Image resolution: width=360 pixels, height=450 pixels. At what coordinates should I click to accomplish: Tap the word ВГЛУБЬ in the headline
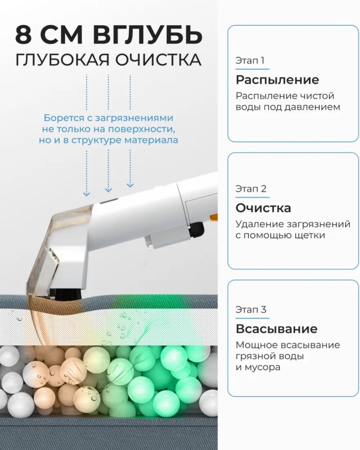147,35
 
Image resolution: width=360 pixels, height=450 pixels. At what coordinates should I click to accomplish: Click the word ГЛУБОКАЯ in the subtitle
62,60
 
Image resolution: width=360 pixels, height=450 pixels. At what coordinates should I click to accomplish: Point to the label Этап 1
250,61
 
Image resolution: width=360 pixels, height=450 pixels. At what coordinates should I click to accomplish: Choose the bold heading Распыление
277,80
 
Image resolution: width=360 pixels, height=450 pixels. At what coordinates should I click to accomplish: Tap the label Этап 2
251,189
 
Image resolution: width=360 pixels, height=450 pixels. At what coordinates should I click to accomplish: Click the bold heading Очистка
263,208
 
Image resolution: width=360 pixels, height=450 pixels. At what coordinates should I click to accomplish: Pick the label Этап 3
251,310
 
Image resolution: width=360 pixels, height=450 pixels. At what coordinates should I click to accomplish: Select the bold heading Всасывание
276,329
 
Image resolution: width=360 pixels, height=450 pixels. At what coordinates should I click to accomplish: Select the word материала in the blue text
151,140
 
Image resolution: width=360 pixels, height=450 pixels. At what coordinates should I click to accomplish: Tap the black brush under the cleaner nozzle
68,293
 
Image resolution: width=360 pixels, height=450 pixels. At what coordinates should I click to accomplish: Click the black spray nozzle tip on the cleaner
196,230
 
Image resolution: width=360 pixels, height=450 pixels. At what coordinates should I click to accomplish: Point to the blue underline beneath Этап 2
252,197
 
